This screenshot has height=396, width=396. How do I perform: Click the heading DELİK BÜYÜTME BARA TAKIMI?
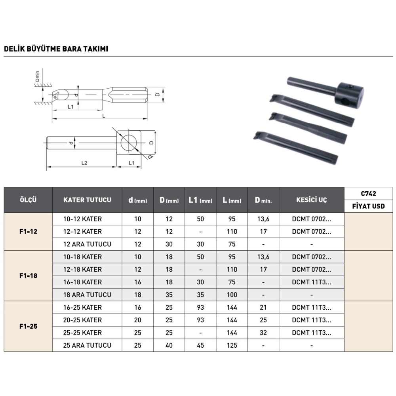point(56,49)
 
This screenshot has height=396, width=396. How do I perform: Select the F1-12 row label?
point(28,232)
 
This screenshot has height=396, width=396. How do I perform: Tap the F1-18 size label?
point(28,276)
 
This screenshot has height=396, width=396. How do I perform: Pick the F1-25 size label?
point(28,326)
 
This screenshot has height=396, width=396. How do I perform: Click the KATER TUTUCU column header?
point(87,200)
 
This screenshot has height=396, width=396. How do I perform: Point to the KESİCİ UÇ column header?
point(311,200)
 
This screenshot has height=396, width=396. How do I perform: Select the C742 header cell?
point(368,194)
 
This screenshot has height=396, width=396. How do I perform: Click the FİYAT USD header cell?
point(368,206)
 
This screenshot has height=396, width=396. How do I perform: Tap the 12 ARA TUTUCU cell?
point(87,244)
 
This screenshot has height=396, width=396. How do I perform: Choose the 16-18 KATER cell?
point(82,282)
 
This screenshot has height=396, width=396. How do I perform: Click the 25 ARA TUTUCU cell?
point(87,345)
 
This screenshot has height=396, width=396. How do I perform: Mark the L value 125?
point(232,345)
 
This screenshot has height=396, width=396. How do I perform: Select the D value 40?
point(169,345)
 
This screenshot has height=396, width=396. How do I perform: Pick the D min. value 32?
point(263,333)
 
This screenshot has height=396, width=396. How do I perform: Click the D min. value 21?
point(263,307)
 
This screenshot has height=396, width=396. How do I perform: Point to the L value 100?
point(232,295)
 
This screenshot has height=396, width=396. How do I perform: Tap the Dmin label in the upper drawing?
point(37,76)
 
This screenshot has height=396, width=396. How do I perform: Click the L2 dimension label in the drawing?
point(84,163)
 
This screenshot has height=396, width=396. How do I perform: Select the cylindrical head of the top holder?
point(350,93)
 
